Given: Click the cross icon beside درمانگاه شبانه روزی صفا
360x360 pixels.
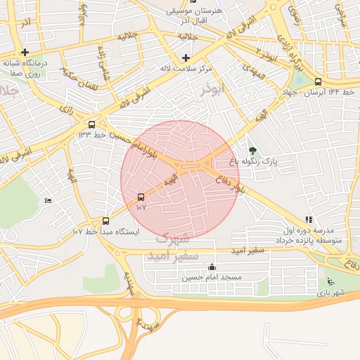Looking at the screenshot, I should (25, 52).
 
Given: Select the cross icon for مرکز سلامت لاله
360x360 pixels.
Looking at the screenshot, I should (186, 58).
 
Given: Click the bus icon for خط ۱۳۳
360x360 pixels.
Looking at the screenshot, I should (83, 124).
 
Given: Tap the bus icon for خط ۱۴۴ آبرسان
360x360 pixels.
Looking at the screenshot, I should (319, 82).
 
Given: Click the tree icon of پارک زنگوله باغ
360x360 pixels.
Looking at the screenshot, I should (253, 150).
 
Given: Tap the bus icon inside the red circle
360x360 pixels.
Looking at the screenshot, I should (141, 198).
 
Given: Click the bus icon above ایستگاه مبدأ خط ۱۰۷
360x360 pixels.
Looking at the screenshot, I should (105, 220).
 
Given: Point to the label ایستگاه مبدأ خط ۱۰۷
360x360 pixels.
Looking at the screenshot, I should (107, 231).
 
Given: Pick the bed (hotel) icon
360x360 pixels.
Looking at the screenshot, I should (48, 201).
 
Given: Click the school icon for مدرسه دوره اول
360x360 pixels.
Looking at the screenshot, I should (309, 219).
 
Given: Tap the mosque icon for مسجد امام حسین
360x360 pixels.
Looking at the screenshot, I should (212, 266).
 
